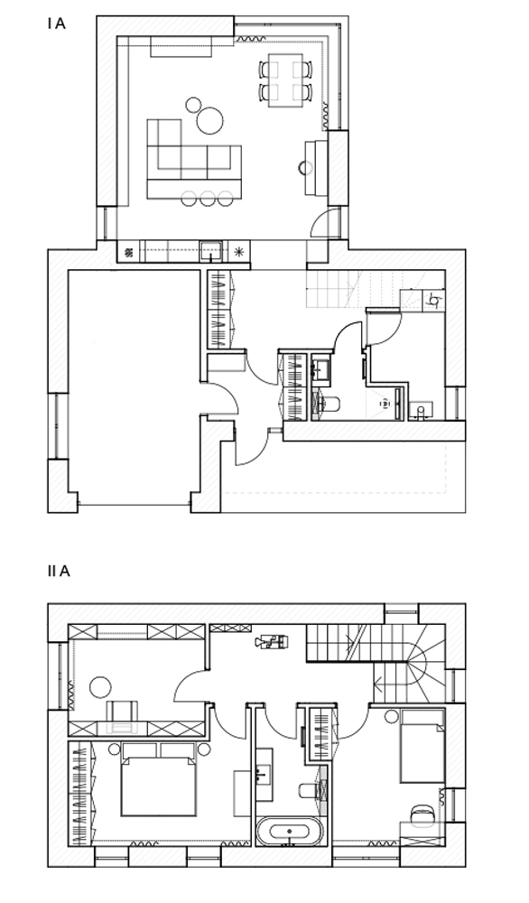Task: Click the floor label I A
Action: pyautogui.click(x=56, y=24)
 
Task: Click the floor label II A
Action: pyautogui.click(x=58, y=572)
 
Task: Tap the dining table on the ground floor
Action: pyautogui.click(x=286, y=79)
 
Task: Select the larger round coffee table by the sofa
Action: pyautogui.click(x=209, y=120)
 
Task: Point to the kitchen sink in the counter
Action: pyautogui.click(x=212, y=251)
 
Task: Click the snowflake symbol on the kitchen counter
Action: pyautogui.click(x=239, y=251)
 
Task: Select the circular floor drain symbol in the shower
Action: pyautogui.click(x=384, y=404)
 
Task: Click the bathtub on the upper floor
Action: pyautogui.click(x=288, y=831)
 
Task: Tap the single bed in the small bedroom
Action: pyautogui.click(x=422, y=747)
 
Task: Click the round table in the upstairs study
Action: pyautogui.click(x=101, y=686)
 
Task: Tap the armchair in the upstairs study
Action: pyautogui.click(x=123, y=712)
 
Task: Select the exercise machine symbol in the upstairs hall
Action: pyautogui.click(x=273, y=641)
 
